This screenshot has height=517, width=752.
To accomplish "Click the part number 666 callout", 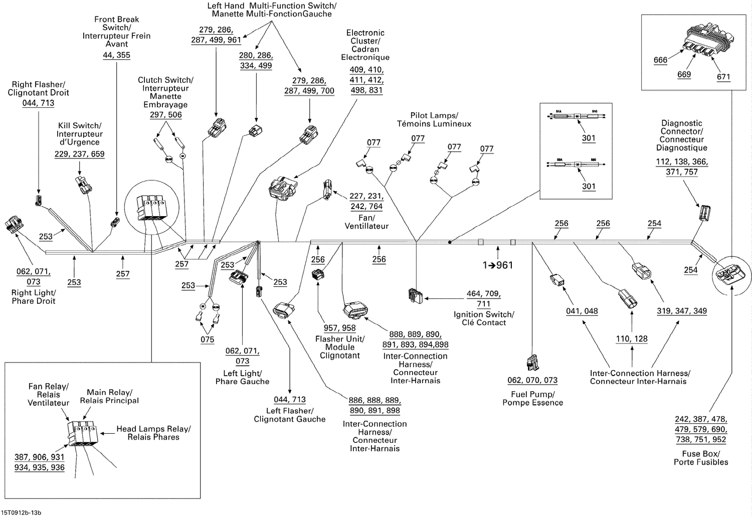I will (x=660, y=60).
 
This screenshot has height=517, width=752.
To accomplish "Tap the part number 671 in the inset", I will (x=723, y=77).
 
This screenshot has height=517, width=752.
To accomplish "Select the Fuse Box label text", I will (x=701, y=458).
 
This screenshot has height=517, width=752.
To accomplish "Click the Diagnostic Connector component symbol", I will (x=704, y=213).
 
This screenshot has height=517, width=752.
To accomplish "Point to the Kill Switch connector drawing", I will (x=83, y=185).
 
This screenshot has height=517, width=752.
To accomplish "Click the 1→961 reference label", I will (x=498, y=265).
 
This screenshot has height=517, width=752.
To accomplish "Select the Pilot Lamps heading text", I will (x=434, y=119).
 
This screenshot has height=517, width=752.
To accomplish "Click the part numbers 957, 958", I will (x=339, y=328).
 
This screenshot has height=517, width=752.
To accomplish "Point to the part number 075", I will (x=208, y=339).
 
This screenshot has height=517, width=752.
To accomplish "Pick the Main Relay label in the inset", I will (x=109, y=396).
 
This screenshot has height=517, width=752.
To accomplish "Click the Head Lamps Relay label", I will (x=153, y=433).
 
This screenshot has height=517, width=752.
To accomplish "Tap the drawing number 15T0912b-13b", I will (x=22, y=512).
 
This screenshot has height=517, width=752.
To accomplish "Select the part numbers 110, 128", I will (x=632, y=339).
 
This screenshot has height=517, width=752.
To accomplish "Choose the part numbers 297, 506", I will (x=165, y=115).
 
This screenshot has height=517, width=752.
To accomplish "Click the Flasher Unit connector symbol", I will (x=318, y=274).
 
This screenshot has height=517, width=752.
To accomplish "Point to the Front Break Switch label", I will (x=116, y=32).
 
